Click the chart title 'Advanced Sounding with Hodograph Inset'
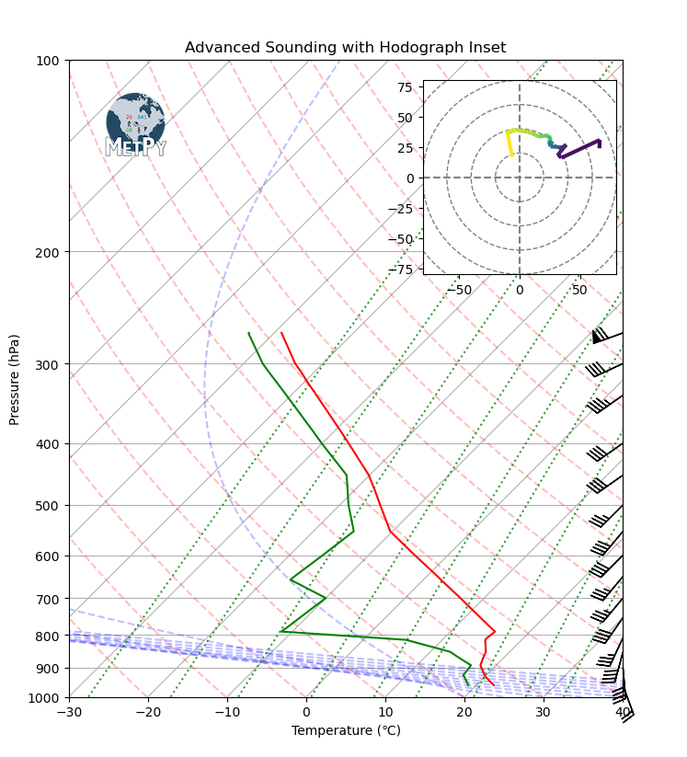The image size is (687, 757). (345, 48)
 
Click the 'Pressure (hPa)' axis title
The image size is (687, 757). (15, 378)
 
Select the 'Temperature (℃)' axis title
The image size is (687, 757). (346, 731)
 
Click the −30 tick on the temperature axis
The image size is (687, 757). (69, 712)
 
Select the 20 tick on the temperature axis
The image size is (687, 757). (464, 712)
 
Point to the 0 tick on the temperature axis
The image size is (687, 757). (306, 712)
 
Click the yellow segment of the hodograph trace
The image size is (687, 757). (509, 143)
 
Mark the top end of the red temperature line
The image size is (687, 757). (281, 333)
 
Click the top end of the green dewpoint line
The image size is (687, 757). (248, 333)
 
